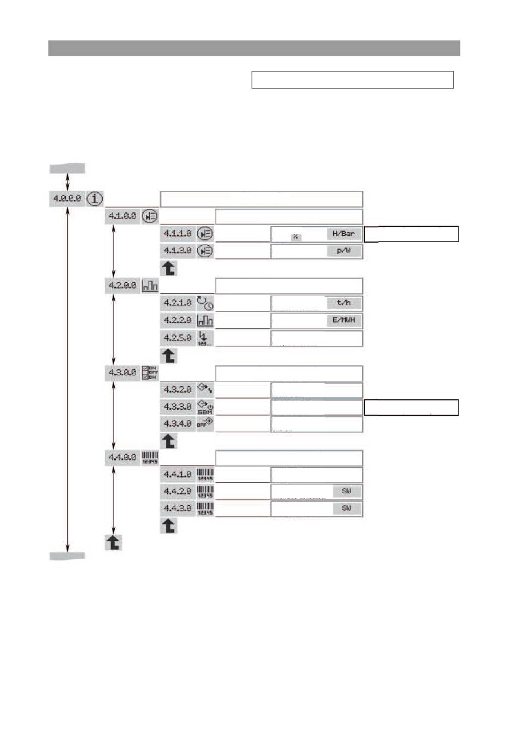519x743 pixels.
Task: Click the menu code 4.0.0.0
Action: (67, 198)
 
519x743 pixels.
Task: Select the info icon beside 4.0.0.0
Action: (95, 198)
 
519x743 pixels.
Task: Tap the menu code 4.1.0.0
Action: (122, 216)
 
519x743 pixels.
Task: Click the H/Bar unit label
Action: (344, 234)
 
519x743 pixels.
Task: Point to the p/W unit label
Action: (344, 251)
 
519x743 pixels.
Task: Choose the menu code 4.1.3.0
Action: (178, 251)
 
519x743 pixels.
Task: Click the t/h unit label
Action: (344, 303)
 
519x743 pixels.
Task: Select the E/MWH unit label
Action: (344, 321)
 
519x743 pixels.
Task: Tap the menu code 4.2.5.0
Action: (178, 338)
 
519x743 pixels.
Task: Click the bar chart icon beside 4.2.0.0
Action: (150, 286)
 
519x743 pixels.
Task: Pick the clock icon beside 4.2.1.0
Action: (205, 303)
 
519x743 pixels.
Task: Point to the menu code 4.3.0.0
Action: (122, 373)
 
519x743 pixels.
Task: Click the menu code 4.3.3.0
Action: (178, 407)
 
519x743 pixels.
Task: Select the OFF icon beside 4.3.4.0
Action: (205, 424)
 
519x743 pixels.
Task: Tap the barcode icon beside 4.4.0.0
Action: (150, 458)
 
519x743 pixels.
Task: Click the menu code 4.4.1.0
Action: (178, 475)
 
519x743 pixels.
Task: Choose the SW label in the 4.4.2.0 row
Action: (346, 492)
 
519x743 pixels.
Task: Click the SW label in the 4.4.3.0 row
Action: (346, 509)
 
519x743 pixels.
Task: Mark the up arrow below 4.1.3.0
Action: (169, 268)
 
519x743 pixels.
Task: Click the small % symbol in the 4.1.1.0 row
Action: (296, 237)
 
